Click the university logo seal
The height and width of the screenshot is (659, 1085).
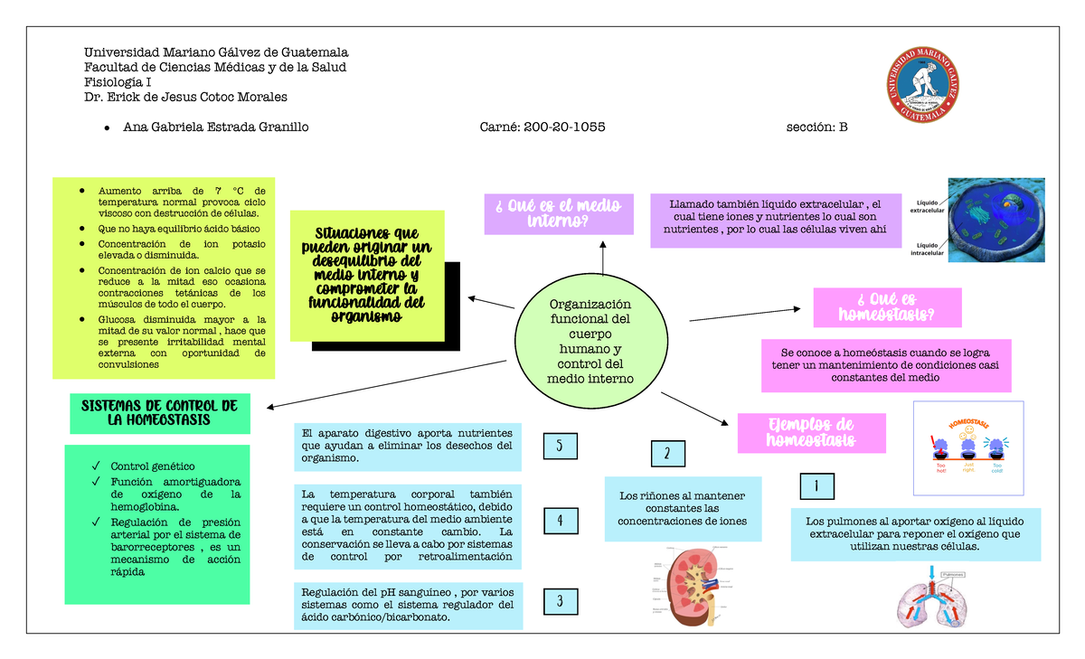pos(922,84)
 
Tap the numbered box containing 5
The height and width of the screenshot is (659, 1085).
pos(561,446)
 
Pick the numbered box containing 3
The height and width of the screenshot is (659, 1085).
pos(561,601)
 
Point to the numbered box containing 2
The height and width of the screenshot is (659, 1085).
pos(667,454)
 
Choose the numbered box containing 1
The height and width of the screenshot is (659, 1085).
pos(817,486)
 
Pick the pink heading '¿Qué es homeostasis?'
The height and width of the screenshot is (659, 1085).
pos(887,307)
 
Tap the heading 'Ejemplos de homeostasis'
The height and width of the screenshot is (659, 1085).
pos(810,433)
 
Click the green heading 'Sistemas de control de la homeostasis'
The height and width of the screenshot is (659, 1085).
pos(159,413)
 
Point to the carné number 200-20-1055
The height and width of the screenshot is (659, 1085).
pos(542,127)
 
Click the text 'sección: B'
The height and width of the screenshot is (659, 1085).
pos(817,127)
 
